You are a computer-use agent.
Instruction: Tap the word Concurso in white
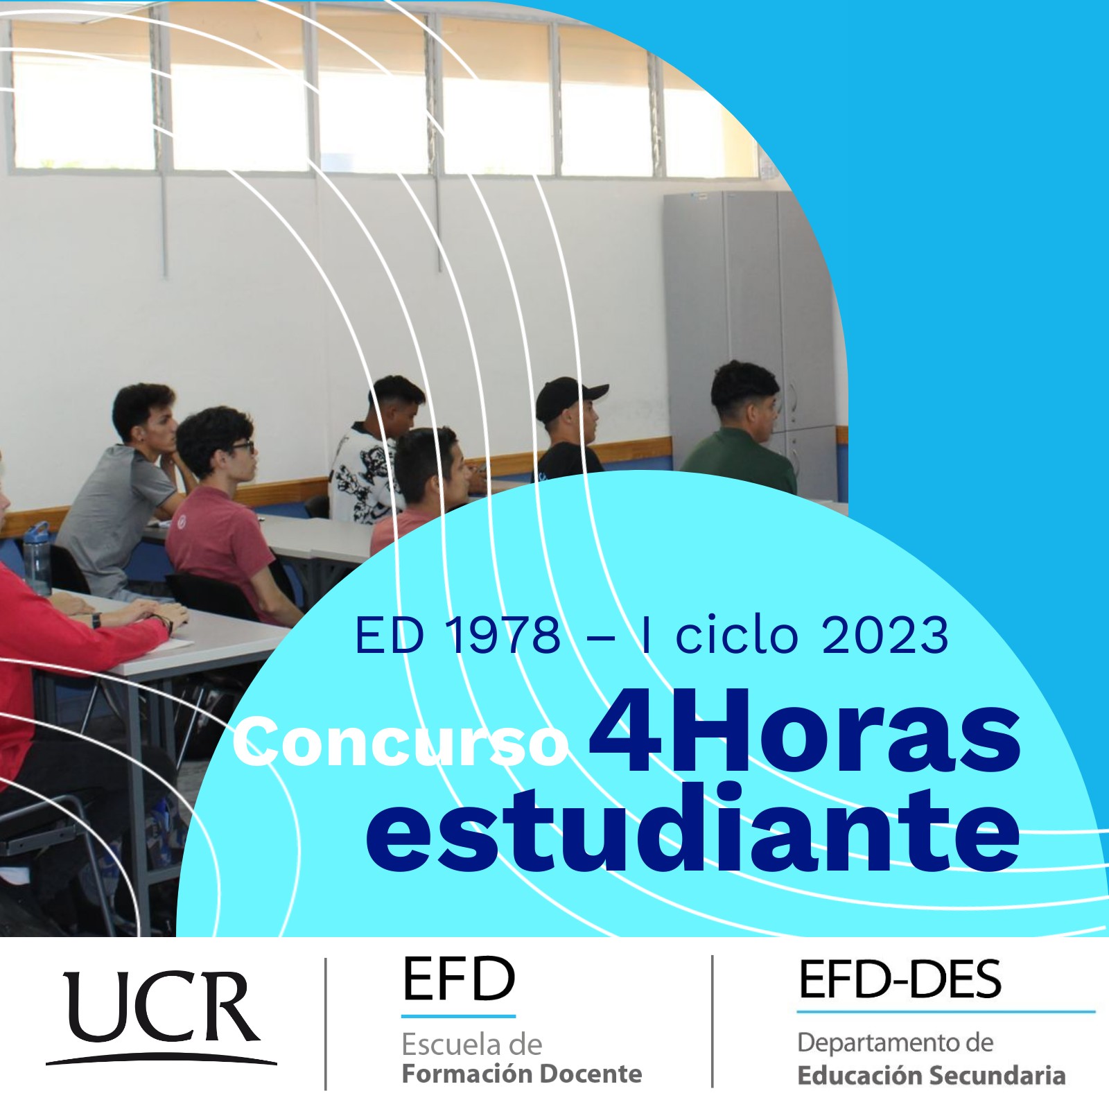(x=401, y=743)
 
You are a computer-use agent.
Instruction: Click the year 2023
(x=884, y=635)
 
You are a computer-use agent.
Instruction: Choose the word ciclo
(x=736, y=635)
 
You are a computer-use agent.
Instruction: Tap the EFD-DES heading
(x=900, y=979)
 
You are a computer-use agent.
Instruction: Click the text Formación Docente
(x=522, y=1074)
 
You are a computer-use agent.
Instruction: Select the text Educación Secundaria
(x=931, y=1075)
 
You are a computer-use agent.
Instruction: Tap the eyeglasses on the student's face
(x=242, y=447)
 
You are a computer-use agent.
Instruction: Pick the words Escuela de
(x=471, y=1044)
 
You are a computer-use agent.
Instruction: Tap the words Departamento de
(x=895, y=1042)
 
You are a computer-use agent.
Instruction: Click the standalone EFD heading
(x=459, y=979)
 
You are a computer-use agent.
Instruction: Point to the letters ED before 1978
(x=389, y=635)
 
